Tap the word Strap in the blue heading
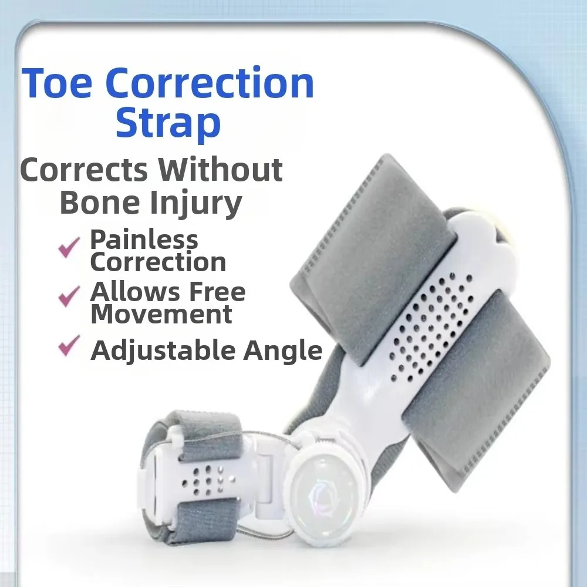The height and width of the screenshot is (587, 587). [168, 123]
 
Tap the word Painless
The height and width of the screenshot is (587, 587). [144, 239]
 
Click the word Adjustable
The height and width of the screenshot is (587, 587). [163, 350]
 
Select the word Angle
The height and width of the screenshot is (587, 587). [283, 351]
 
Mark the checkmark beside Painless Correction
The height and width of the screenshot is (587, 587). [69, 247]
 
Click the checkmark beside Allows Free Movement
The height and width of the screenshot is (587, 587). [69, 296]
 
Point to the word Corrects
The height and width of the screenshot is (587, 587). [84, 170]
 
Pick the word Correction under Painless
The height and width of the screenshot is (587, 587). [158, 262]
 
